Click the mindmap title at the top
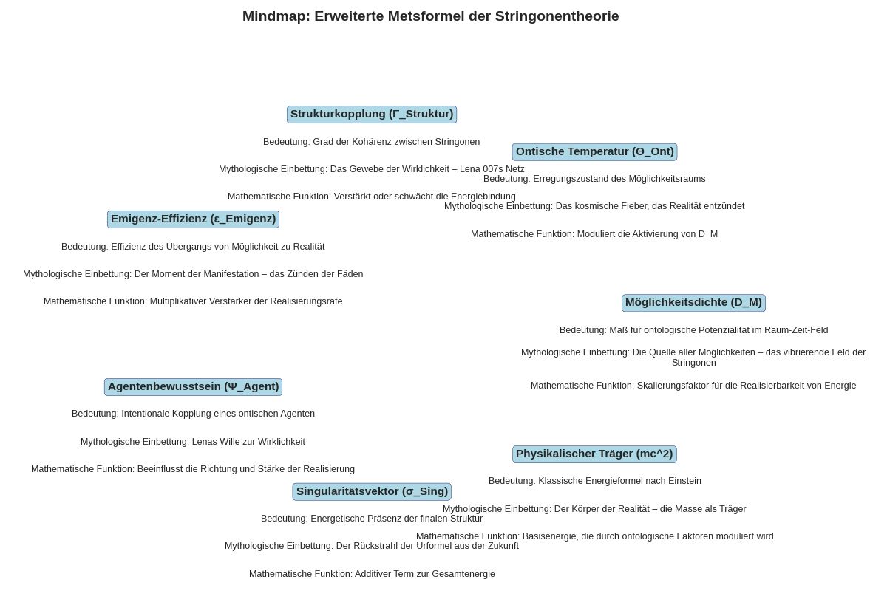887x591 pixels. [x=430, y=16]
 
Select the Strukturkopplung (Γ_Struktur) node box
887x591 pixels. [x=371, y=115]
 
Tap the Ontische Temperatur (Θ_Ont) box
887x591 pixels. [x=594, y=152]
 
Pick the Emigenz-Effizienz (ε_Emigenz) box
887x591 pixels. [x=193, y=219]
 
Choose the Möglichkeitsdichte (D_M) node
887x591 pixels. [x=693, y=303]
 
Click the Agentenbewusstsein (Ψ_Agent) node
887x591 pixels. [x=193, y=387]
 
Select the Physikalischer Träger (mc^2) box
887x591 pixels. [x=594, y=454]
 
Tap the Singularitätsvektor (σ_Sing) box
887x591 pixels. [x=371, y=492]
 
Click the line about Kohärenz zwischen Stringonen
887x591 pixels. [x=371, y=142]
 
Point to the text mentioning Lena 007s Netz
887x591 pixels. [x=371, y=169]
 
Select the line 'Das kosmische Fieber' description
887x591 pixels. [x=594, y=206]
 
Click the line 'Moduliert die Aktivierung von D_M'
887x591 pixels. [x=594, y=234]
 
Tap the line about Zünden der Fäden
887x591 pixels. [x=193, y=274]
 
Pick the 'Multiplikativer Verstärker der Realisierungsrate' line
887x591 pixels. [x=193, y=301]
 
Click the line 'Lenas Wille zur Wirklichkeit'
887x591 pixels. [x=193, y=442]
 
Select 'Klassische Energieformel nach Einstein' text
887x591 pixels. [x=594, y=481]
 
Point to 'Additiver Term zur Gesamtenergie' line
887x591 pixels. [x=371, y=574]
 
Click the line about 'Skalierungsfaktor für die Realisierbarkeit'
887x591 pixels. [x=693, y=386]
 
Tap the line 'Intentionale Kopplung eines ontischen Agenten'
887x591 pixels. [x=193, y=414]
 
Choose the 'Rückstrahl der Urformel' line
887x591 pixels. [x=371, y=546]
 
